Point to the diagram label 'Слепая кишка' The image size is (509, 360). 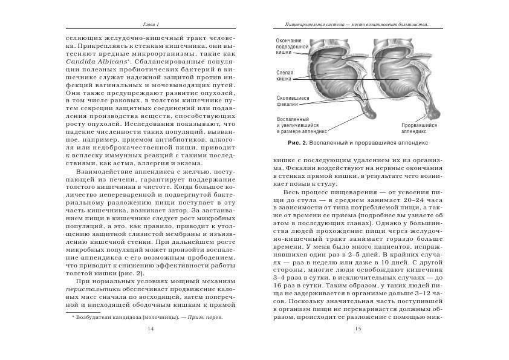coord(285,75)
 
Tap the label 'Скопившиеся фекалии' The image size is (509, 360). coord(293,100)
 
